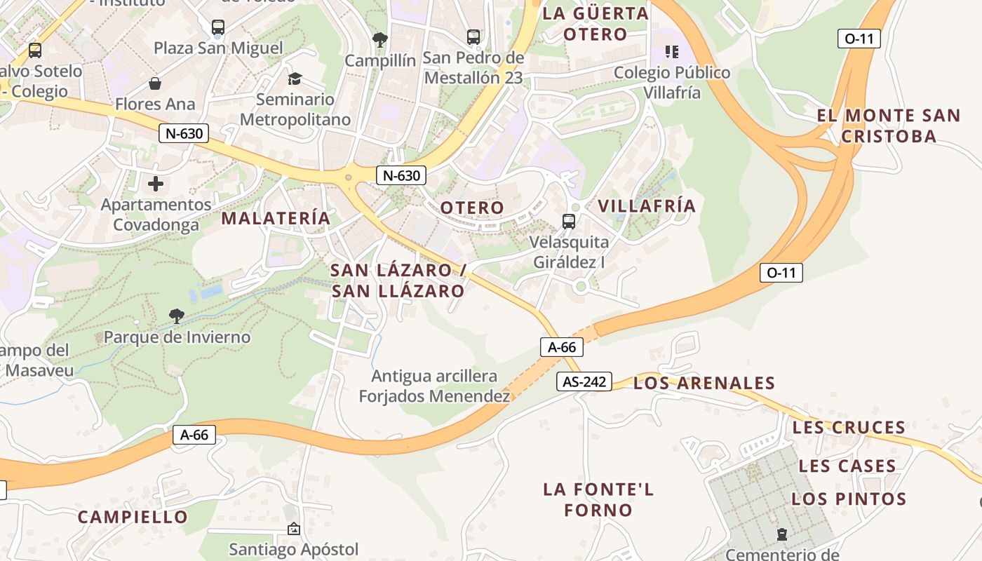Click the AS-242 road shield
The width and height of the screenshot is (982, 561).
(584, 381)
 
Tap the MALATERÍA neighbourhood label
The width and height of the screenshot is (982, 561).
(276, 218)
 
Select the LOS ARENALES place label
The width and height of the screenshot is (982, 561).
(704, 383)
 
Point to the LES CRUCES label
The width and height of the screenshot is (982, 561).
(849, 427)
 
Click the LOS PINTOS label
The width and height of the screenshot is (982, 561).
(849, 499)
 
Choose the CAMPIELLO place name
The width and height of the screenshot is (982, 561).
(133, 518)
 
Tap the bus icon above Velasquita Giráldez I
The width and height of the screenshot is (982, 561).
(569, 222)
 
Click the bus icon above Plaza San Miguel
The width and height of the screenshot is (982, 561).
(218, 27)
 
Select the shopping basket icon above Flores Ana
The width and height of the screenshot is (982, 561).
(155, 84)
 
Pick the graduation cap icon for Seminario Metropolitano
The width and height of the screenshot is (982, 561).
(295, 79)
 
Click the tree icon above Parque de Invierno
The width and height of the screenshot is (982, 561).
(177, 316)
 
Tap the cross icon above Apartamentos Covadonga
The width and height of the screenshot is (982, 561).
(156, 184)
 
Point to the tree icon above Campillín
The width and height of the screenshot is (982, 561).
(380, 40)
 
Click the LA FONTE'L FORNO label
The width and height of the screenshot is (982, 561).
(598, 499)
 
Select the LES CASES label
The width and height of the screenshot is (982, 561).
(847, 466)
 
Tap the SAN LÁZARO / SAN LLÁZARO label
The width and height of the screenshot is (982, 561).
(398, 280)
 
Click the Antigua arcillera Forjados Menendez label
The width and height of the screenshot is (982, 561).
(434, 386)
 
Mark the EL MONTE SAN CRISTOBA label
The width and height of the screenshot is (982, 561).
(889, 126)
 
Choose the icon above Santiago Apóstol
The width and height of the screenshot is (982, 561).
(293, 529)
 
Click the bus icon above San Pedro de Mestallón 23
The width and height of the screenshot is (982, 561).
(473, 36)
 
